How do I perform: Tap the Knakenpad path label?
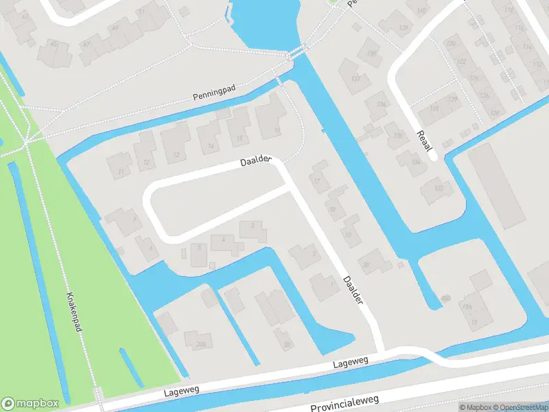[73, 311]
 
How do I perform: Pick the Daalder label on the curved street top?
[257, 162]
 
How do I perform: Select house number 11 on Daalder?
[122, 171]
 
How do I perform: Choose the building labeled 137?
[355, 79]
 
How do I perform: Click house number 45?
[54, 44]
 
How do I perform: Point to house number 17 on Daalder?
[316, 181]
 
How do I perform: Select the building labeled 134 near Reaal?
[414, 162]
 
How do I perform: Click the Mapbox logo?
[30, 404]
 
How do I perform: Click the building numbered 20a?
[200, 344]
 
